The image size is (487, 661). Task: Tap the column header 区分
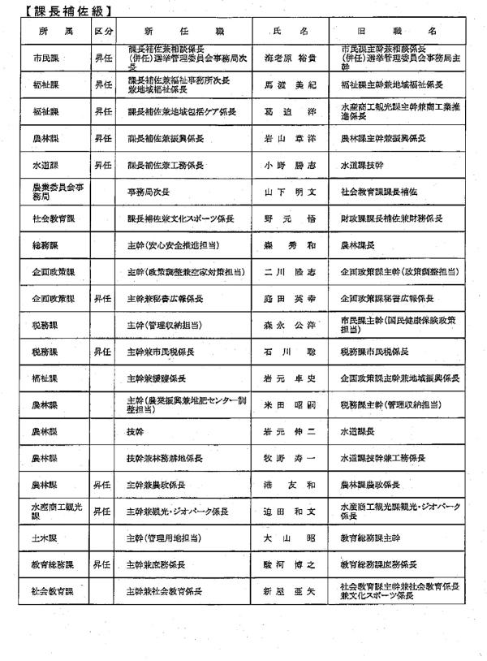tap(103, 29)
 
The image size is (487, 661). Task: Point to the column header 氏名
tap(291, 29)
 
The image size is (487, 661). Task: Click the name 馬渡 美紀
tap(291, 84)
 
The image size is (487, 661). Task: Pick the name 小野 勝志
tap(291, 166)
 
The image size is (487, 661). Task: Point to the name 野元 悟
tap(291, 218)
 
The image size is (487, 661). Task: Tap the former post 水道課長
tap(356, 431)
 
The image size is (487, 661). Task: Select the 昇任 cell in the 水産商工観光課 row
tap(103, 512)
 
